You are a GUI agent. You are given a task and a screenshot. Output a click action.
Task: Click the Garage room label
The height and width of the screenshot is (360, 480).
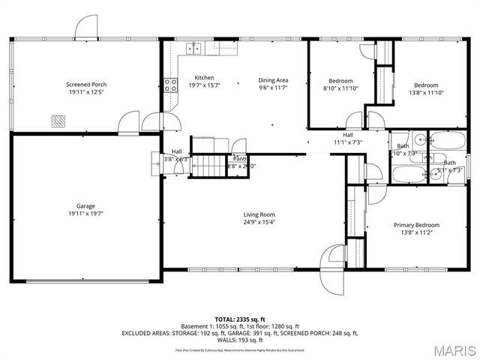tap(85, 206)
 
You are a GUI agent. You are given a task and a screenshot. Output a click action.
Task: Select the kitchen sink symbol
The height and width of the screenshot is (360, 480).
tap(194, 49)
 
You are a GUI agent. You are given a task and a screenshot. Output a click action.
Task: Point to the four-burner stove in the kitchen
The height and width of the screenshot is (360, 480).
tap(170, 84)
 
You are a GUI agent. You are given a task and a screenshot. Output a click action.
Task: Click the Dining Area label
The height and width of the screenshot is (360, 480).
tap(273, 80)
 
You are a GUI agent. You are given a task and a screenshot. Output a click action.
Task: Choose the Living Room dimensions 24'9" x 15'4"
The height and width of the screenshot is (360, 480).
tap(258, 222)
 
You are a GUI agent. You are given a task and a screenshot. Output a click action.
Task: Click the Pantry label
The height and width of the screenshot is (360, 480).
tap(240, 159)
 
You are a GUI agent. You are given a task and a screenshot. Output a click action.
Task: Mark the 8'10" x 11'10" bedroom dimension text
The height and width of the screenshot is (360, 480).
tap(340, 89)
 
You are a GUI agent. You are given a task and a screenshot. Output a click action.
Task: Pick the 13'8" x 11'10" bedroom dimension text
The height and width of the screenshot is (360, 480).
tap(426, 93)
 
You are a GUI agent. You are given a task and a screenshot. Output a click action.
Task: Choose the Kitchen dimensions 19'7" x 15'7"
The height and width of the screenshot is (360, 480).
tap(204, 86)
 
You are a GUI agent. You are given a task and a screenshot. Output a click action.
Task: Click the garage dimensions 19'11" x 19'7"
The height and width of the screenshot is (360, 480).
tap(85, 214)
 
